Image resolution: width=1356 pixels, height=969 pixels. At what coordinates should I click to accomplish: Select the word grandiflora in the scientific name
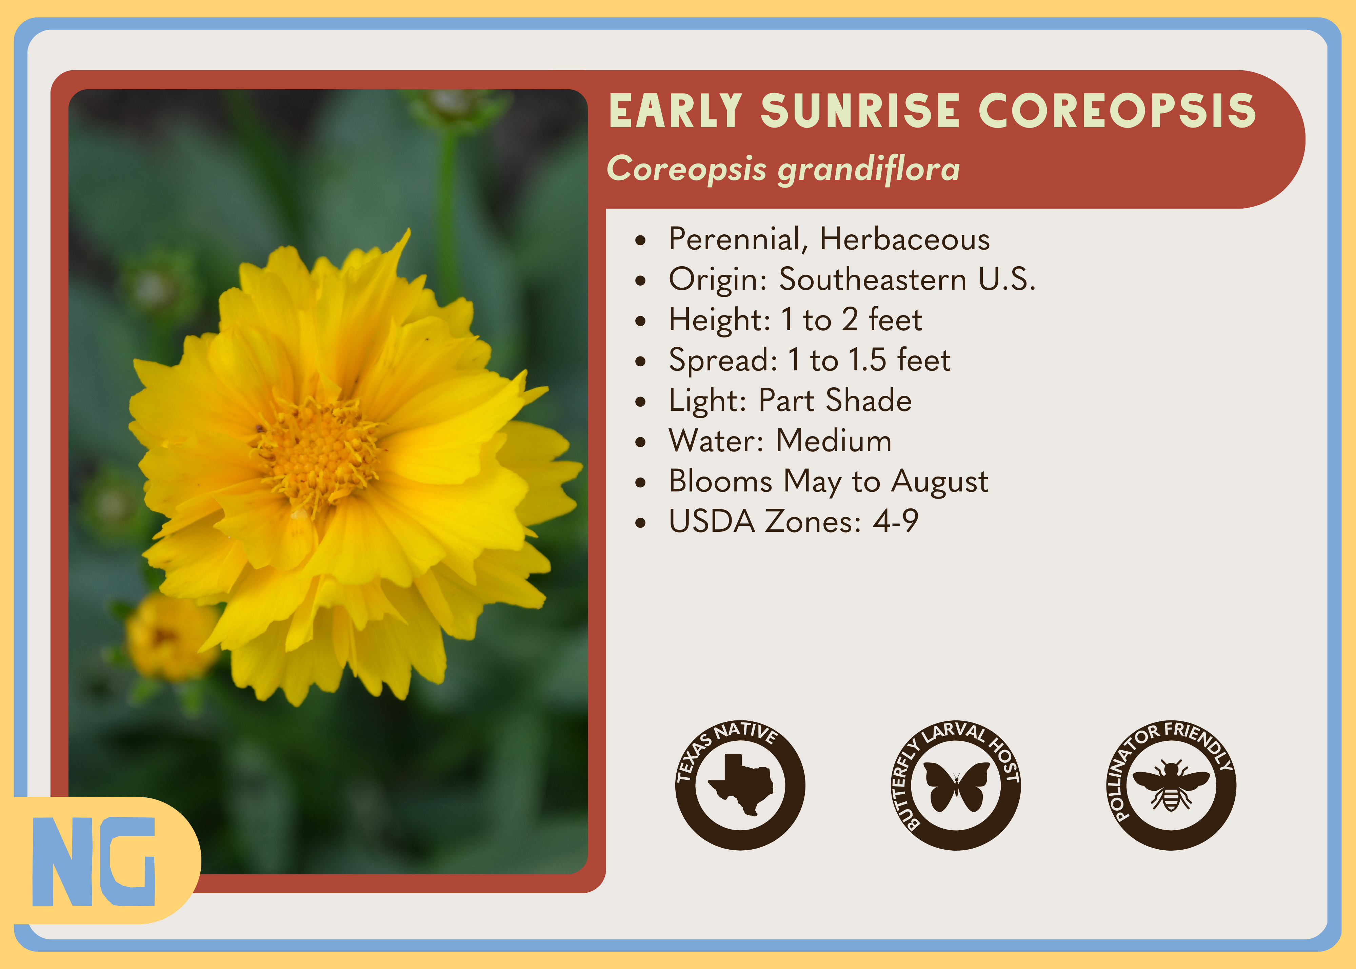(869, 170)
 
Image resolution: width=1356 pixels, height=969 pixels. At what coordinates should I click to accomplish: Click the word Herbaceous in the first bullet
(904, 239)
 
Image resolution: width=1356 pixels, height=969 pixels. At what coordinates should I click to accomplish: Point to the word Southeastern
(873, 279)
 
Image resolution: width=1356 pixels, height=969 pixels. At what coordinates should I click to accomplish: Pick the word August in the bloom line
(939, 482)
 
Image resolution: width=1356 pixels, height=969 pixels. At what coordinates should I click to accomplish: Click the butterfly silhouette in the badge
(956, 787)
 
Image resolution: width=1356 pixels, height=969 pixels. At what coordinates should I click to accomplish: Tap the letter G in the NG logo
(127, 861)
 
